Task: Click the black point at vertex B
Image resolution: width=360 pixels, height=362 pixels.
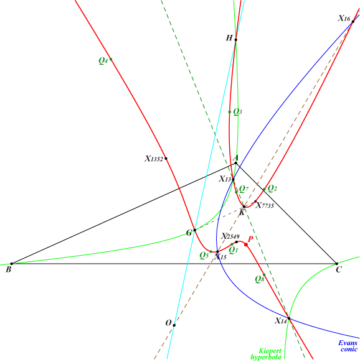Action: (x=12, y=264)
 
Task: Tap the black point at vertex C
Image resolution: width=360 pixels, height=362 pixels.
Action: (x=337, y=264)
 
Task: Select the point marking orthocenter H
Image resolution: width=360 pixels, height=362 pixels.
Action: (x=236, y=40)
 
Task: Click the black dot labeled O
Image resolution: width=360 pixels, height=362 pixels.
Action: (x=174, y=325)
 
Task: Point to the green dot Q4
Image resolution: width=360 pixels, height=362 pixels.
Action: (x=111, y=59)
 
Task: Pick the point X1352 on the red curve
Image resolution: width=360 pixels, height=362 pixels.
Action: (x=166, y=159)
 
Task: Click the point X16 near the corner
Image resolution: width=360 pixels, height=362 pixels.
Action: (x=353, y=22)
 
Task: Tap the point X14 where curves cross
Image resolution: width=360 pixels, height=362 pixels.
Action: (x=289, y=318)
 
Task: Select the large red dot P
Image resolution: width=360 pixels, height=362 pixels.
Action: (x=246, y=244)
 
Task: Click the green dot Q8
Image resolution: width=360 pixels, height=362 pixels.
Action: (x=264, y=275)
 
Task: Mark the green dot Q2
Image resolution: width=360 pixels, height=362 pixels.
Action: (x=264, y=189)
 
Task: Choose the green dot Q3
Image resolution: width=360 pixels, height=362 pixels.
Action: (x=230, y=112)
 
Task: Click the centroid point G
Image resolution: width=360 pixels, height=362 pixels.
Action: (x=195, y=230)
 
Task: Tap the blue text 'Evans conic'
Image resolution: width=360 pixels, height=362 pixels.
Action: (x=348, y=346)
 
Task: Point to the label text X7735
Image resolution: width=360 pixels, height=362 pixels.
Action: (x=265, y=205)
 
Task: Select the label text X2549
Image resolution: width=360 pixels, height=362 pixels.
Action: (x=230, y=236)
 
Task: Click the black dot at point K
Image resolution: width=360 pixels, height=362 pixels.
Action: (x=244, y=207)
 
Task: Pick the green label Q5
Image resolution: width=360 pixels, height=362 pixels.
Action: (x=204, y=256)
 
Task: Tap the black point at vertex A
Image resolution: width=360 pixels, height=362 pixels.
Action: (x=236, y=163)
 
